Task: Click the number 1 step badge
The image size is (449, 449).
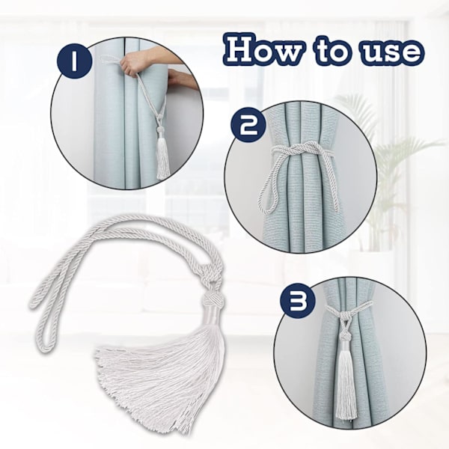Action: pos(74,62)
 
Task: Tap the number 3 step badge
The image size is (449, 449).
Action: pos(295,302)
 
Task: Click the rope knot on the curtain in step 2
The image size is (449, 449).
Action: pos(299,150)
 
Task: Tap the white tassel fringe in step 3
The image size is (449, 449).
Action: pos(345,380)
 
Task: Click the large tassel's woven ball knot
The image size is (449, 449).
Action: pos(213,300)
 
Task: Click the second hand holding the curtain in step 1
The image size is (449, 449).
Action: pos(181,78)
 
